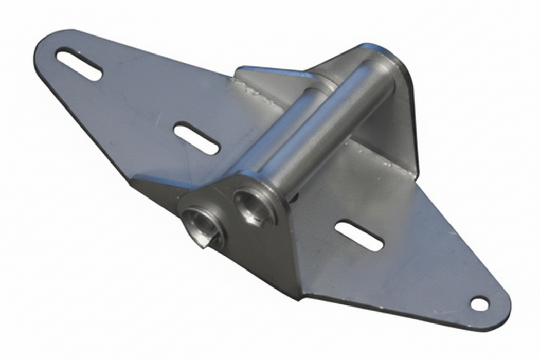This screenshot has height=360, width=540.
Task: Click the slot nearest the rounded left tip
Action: tap(79, 64)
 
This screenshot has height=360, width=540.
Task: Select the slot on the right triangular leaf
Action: tap(359, 236)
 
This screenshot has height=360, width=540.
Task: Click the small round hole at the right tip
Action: tap(479, 304)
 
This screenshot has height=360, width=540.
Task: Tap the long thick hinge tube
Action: tap(329, 123)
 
